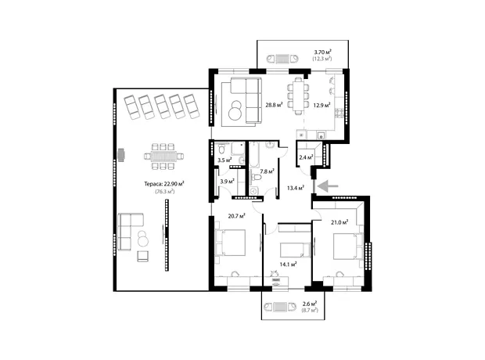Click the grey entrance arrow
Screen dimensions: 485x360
coord(328,186)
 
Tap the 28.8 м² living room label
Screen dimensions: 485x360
coord(274,105)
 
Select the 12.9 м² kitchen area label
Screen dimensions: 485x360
coord(322,105)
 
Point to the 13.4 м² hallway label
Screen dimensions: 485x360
coord(296,188)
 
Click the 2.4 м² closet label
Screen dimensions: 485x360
coord(306,157)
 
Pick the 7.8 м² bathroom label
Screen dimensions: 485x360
coord(268,171)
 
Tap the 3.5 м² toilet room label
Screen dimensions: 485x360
coord(225,160)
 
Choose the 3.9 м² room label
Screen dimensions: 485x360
coord(228,182)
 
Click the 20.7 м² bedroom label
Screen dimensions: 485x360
coord(237,216)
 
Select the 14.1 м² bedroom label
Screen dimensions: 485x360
coord(289,265)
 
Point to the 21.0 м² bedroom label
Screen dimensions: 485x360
coord(339,222)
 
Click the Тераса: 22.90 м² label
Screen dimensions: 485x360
coord(164,184)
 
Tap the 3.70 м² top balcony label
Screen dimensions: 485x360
coord(323,52)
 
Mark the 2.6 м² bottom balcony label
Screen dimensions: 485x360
coord(309,304)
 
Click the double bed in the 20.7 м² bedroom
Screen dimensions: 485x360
coord(231,243)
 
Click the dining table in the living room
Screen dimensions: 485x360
coord(298,96)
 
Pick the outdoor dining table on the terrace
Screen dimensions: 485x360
coord(163,157)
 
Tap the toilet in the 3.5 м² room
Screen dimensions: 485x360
coord(221,149)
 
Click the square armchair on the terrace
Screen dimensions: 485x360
coord(143,256)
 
